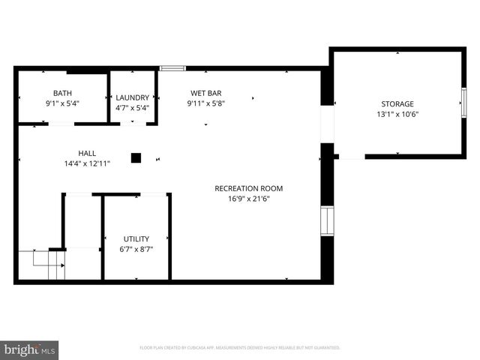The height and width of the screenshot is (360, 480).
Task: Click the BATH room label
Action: [x=41, y=94]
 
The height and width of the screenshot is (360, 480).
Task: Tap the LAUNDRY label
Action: [x=132, y=97]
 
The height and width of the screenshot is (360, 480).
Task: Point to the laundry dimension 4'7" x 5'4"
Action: [x=132, y=108]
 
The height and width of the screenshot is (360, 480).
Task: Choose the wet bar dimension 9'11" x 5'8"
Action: [x=205, y=104]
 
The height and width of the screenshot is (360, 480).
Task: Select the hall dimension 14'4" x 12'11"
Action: [x=87, y=163]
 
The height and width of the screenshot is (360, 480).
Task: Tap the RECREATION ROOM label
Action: [x=248, y=188]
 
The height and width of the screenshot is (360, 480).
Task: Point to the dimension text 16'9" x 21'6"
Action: [x=248, y=199]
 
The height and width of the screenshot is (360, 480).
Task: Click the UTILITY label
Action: [x=136, y=239]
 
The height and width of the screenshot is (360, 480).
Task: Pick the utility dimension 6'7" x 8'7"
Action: [x=136, y=250]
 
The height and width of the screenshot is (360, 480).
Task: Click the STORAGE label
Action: [x=397, y=104]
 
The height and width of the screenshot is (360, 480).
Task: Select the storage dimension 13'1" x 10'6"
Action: [x=397, y=115]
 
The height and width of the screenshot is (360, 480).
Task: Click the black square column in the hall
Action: [x=136, y=157]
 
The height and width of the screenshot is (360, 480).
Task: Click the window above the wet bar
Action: [x=172, y=68]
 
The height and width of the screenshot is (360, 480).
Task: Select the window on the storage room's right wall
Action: [x=463, y=101]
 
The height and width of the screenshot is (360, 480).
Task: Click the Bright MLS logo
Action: [x=30, y=349]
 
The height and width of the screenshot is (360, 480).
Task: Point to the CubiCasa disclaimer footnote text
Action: [x=240, y=348]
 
